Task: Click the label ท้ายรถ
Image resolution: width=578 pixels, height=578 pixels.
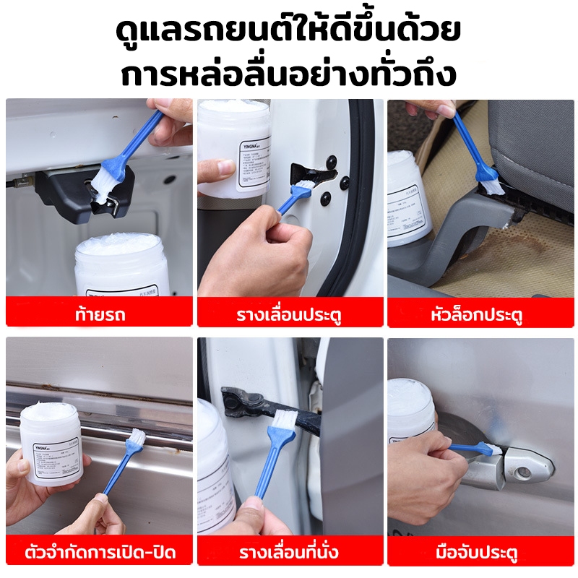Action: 99,315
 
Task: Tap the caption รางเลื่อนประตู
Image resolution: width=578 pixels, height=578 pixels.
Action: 290,315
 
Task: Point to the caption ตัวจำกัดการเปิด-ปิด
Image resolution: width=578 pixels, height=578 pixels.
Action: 99,553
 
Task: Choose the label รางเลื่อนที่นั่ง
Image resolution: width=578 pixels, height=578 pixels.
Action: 290,553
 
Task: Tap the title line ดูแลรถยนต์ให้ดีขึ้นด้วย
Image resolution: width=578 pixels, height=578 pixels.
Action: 289,33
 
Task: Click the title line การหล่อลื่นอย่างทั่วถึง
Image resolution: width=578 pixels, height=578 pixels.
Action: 289,74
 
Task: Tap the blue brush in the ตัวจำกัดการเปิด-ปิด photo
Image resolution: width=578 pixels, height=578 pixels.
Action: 123,462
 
